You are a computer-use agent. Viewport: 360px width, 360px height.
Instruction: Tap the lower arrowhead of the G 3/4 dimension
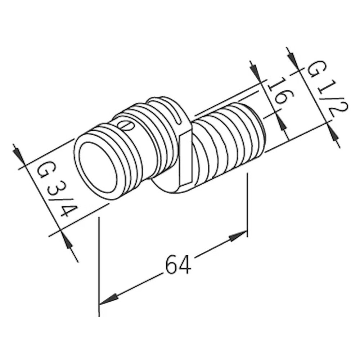pos(67,240)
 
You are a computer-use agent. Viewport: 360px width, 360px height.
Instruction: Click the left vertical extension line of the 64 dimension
pos(99,266)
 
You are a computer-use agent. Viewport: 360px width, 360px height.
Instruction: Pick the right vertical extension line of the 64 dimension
pos(247,205)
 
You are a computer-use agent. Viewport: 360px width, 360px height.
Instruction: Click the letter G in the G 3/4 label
pos(44,171)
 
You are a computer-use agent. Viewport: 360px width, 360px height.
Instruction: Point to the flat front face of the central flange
pos(185,158)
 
